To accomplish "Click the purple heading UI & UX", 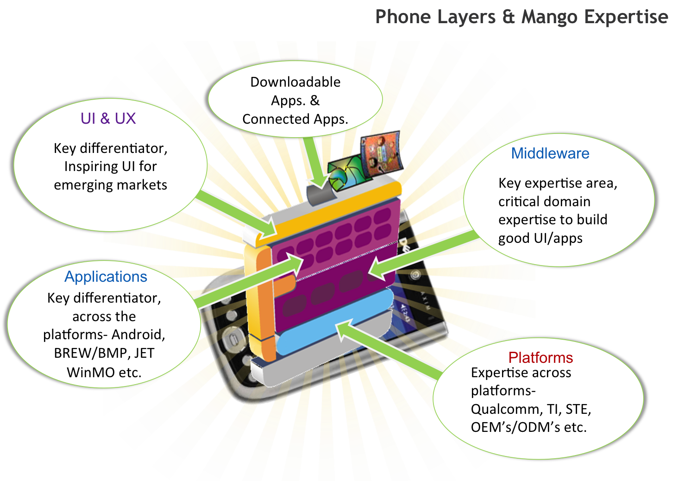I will (x=108, y=119).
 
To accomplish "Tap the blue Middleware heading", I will (x=550, y=153).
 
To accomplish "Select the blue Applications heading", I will (x=106, y=277).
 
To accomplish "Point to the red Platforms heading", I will (x=540, y=358).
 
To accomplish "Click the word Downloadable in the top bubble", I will (x=295, y=82).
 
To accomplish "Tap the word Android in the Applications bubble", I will (x=138, y=335).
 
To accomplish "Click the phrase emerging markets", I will (x=110, y=185).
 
